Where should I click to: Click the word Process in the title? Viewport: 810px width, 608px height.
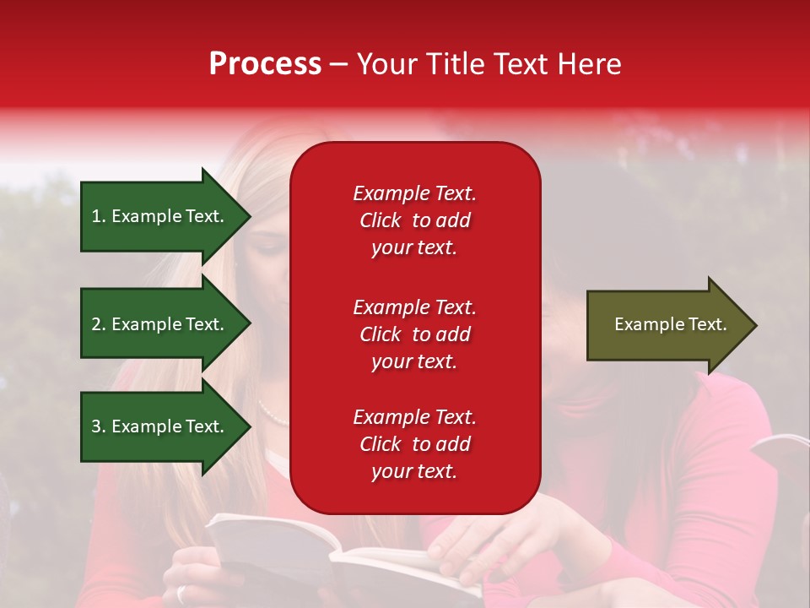pos(265,64)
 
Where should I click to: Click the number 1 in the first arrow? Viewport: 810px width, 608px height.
pos(96,216)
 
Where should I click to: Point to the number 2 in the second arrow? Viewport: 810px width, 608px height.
pos(96,324)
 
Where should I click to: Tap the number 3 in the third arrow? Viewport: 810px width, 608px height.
pos(96,426)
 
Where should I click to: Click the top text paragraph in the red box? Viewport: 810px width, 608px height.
pos(414,220)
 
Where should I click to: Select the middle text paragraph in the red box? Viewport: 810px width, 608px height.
pos(414,334)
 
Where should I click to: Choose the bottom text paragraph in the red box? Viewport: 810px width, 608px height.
pos(414,444)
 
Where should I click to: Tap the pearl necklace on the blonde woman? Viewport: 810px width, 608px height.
pos(272,414)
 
